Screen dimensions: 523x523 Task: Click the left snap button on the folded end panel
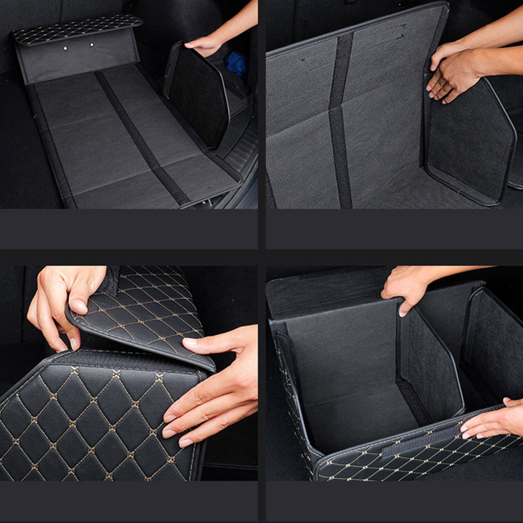pyautogui.click(x=65, y=47)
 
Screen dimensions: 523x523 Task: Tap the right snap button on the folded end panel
pyautogui.click(x=92, y=45)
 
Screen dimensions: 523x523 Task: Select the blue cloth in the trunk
pyautogui.click(x=236, y=63)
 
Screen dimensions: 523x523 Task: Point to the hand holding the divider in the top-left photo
pyautogui.click(x=206, y=45)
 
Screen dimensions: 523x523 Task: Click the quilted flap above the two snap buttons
pyautogui.click(x=77, y=29)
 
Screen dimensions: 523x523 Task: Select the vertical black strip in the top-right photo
pyautogui.click(x=341, y=121)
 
